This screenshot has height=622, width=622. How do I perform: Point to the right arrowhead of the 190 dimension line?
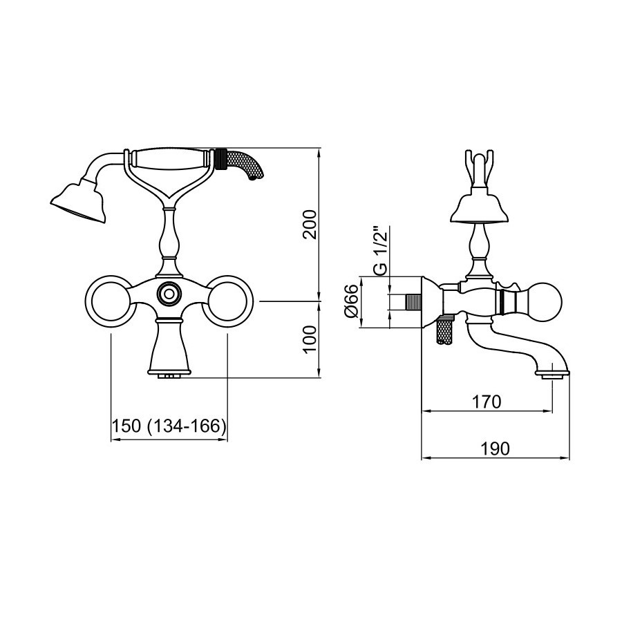point(565,458)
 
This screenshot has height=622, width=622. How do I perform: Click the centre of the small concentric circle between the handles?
point(170,294)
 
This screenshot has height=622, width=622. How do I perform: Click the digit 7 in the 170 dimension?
point(487,402)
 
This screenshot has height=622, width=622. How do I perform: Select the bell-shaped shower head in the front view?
point(79,202)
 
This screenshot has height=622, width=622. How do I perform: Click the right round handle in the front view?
point(227,301)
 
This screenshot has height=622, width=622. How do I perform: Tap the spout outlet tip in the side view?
point(553,375)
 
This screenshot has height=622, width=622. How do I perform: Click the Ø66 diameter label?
point(352,301)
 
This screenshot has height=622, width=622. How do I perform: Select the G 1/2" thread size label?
point(380,251)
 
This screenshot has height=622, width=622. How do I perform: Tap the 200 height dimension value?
point(310,224)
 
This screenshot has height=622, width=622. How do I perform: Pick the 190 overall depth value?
point(495,449)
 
